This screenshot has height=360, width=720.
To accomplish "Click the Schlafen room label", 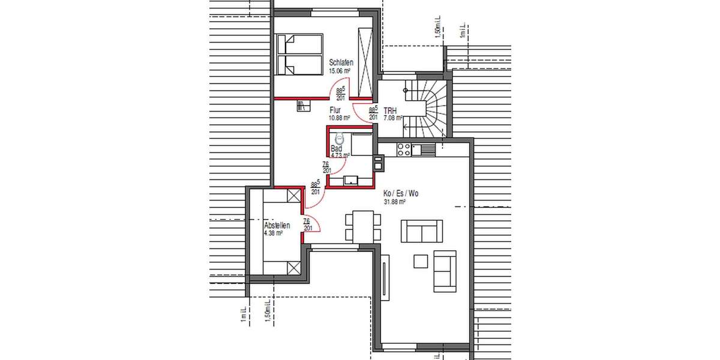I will coord(341,62).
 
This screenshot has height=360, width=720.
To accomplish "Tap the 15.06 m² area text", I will coord(340,71).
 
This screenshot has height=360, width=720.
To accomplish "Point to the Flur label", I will coord(335,110).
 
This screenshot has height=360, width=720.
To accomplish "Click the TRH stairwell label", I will coord(390,111).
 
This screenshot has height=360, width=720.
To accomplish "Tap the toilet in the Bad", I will coord(334,138).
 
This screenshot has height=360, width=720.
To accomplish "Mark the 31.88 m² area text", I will coord(395,202).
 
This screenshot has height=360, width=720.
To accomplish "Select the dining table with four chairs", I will coord(364,227).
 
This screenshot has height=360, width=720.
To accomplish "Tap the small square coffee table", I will coord(421,261).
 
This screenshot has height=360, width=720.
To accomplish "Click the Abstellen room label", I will coord(277,226).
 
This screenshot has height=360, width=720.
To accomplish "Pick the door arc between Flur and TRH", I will coord(362,112).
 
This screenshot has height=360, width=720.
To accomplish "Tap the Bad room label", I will coord(337,148).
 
